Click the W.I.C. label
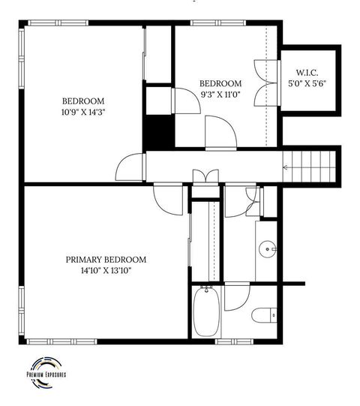(x=306, y=73)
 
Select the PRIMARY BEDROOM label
(x=106, y=259)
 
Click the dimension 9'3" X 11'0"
(x=220, y=95)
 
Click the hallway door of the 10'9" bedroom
(x=130, y=167)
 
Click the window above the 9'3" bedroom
(x=208, y=23)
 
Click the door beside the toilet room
(x=235, y=294)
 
